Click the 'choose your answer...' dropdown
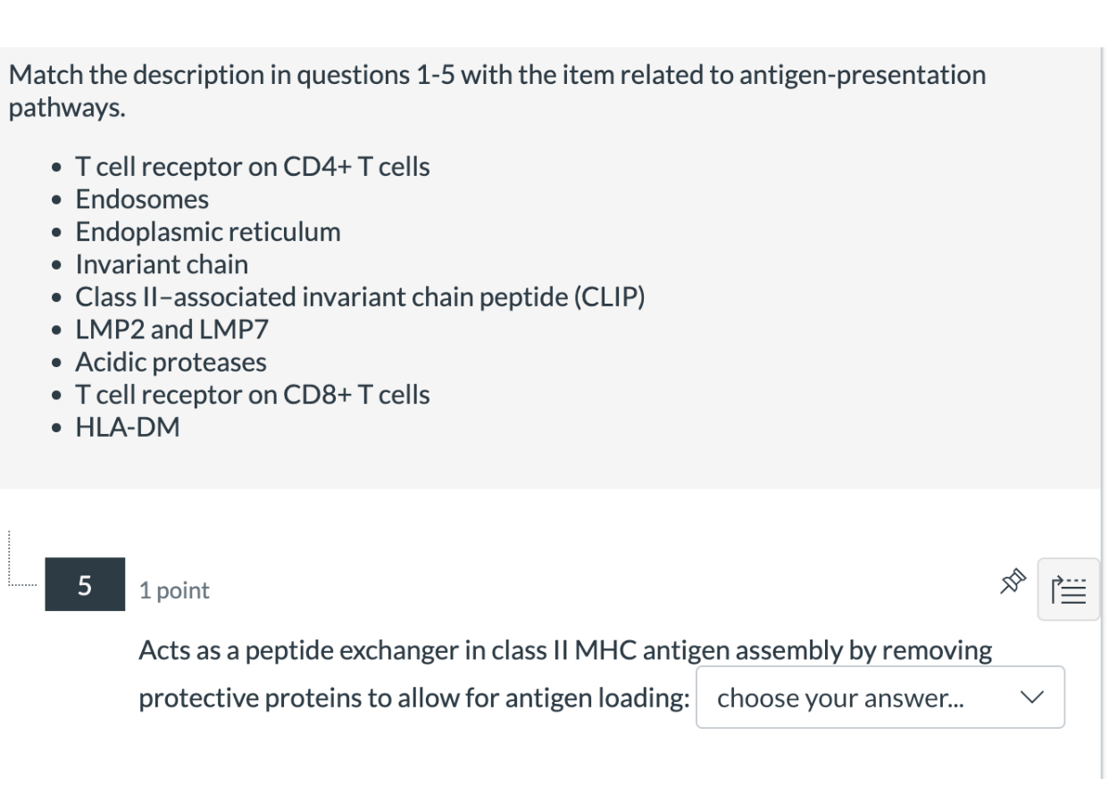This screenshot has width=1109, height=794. click(880, 698)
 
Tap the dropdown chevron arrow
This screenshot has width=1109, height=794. click(1032, 698)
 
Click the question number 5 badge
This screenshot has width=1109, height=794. click(85, 585)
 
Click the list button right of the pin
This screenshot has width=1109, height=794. click(1069, 589)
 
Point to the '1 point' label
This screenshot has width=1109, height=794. click(174, 590)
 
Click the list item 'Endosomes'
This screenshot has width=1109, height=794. click(142, 199)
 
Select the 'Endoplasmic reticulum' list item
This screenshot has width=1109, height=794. click(208, 232)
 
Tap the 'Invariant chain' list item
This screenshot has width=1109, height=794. click(162, 264)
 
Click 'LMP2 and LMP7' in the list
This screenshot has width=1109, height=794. click(171, 330)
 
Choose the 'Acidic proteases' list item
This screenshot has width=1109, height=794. click(171, 363)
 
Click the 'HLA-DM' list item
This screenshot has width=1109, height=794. click(128, 428)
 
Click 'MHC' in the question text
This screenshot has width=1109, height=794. click(606, 651)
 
